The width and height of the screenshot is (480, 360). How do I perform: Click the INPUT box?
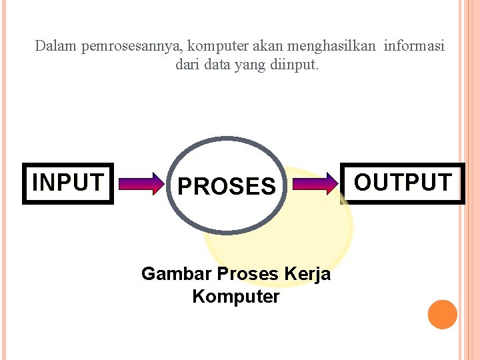(x=68, y=182)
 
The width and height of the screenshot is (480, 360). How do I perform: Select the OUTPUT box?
(x=402, y=182)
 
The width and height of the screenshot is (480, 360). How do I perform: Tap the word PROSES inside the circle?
(x=226, y=186)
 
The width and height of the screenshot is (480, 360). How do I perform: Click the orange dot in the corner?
(x=443, y=314)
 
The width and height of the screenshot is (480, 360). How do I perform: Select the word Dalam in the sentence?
(x=55, y=47)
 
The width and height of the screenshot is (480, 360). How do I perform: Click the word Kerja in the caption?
(x=307, y=275)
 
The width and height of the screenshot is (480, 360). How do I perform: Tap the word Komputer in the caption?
(x=236, y=296)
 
